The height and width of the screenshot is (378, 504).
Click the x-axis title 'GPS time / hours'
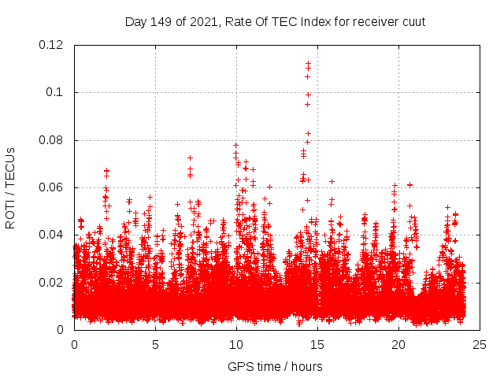pyautogui.click(x=276, y=366)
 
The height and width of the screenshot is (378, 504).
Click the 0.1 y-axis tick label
pyautogui.click(x=57, y=92)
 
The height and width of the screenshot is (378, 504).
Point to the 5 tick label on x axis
pyautogui.click(x=156, y=344)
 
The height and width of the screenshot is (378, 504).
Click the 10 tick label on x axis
pyautogui.click(x=236, y=344)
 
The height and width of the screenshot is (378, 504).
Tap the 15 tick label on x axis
pyautogui.click(x=317, y=344)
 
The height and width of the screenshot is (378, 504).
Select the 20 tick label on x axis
pyautogui.click(x=398, y=344)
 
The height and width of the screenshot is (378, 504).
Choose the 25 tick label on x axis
pyautogui.click(x=480, y=344)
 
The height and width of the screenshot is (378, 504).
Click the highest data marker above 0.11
pyautogui.click(x=308, y=63)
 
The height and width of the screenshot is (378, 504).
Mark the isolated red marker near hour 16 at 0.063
pyautogui.click(x=332, y=181)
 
